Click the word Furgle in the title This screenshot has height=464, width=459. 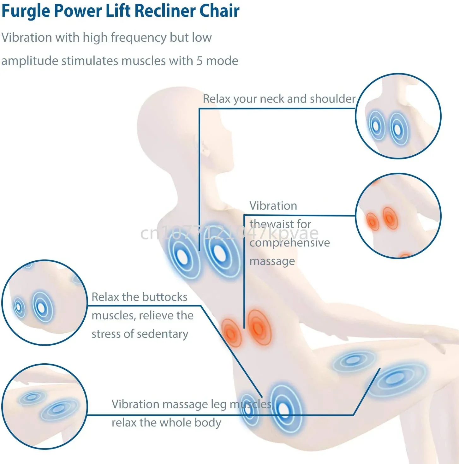coord(26,11)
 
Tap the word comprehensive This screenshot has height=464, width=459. coord(289,243)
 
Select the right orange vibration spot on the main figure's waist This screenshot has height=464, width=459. coord(259,327)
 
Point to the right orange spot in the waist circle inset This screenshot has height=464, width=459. coord(390,218)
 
